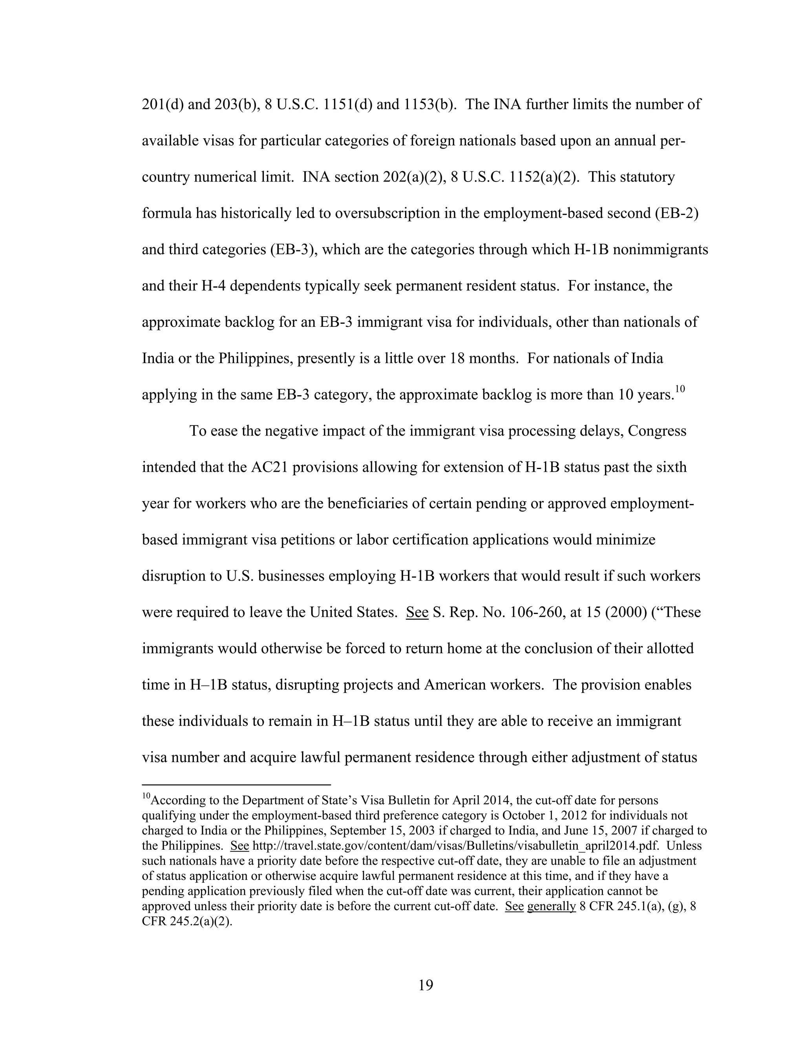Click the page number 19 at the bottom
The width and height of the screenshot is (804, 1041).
[x=425, y=985]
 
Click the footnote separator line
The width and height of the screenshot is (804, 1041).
[x=236, y=784]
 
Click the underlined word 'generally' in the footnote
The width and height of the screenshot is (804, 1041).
[x=551, y=906]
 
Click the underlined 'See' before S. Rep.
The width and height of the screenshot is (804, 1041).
[x=417, y=612]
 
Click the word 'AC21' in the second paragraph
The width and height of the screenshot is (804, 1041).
[x=269, y=467]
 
